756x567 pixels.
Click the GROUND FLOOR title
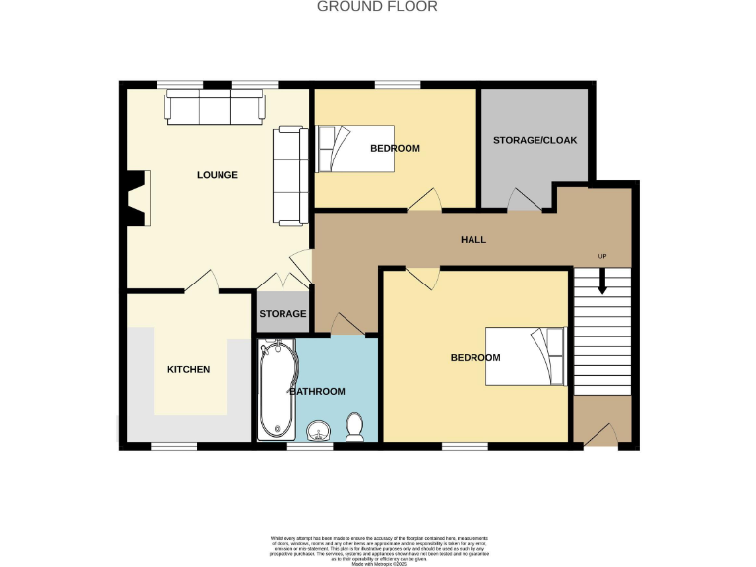coord(377,7)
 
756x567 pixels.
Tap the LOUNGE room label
coord(218,175)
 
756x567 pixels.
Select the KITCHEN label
coord(188,369)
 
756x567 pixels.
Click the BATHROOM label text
coord(317,392)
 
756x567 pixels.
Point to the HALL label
coord(473,240)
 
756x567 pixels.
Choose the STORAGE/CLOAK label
coord(535,140)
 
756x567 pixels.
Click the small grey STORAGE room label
coord(283,314)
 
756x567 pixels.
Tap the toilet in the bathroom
coord(355,425)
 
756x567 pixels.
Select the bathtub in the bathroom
coord(276,390)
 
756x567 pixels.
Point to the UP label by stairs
coord(602,257)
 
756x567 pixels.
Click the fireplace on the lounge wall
coord(135,199)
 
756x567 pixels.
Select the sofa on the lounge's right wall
coord(288,173)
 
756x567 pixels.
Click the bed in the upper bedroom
coord(354,150)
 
